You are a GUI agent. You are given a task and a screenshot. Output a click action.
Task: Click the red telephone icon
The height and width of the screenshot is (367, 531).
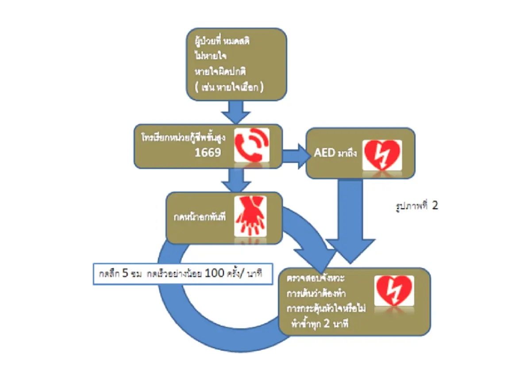point(250,145)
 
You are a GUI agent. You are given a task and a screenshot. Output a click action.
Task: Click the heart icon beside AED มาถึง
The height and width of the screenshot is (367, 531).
point(381,155)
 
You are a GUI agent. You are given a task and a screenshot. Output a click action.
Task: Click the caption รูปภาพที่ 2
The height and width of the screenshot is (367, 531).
point(416,206)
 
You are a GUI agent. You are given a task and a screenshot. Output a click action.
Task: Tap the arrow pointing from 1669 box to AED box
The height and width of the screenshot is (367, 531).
point(295,155)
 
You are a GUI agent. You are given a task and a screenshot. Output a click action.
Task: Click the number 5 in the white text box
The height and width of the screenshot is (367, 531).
point(125,273)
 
